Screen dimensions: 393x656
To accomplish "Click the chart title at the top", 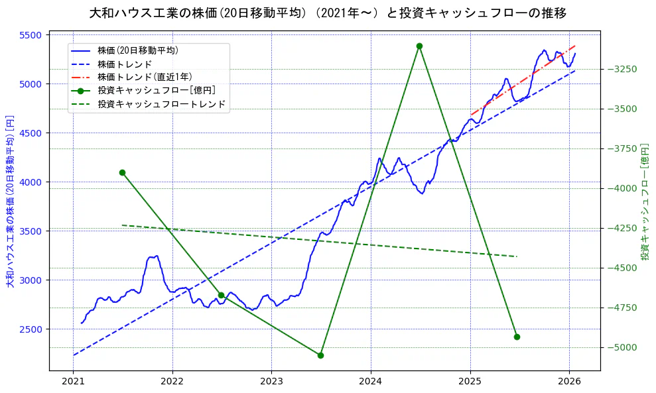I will click(x=328, y=13).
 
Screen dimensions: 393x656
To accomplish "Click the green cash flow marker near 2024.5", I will click(x=419, y=46).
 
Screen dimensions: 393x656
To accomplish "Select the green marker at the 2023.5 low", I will click(x=320, y=355).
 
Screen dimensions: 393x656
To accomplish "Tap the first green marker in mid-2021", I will click(x=122, y=172).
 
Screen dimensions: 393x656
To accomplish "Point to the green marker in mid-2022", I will click(x=221, y=295).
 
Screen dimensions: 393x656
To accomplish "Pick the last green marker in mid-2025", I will click(x=517, y=337).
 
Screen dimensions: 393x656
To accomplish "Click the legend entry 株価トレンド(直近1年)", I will click(x=145, y=77).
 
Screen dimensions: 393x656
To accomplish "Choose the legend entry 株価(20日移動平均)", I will click(x=137, y=50).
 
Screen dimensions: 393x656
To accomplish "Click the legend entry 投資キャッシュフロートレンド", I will click(x=161, y=104).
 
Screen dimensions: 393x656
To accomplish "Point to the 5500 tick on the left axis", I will click(x=32, y=35).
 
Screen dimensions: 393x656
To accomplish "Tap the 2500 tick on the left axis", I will click(x=32, y=329).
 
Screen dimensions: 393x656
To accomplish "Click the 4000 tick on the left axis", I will click(x=32, y=182).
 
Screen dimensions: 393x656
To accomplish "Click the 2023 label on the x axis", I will click(x=271, y=382).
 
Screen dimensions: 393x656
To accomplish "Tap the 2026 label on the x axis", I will click(x=569, y=382).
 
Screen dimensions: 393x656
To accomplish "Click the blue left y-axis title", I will click(x=10, y=201).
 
